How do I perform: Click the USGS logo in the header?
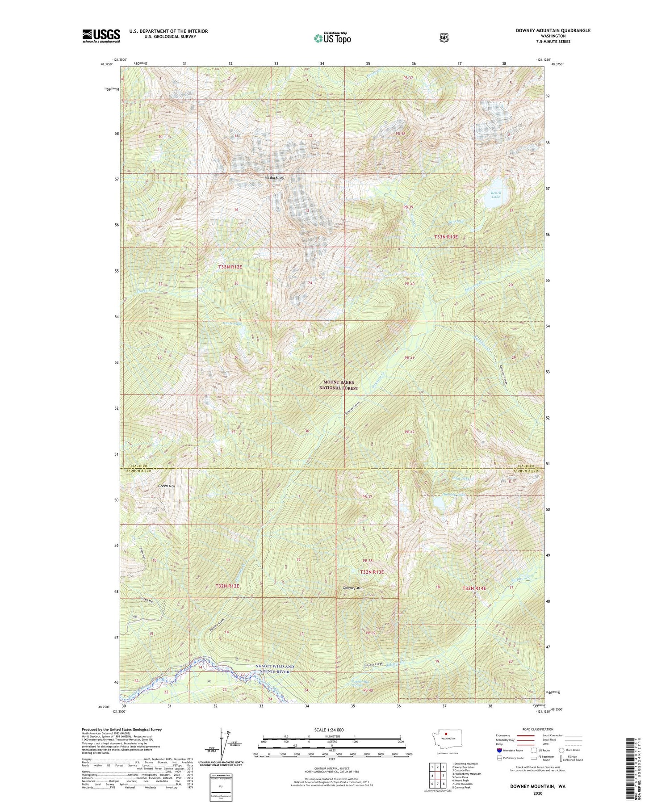[101, 36]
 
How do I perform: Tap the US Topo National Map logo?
[332, 38]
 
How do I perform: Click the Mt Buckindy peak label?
[275, 178]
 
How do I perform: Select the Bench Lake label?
[496, 195]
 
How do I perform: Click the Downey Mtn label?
[353, 588]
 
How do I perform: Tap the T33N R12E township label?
[230, 267]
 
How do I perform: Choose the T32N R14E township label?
[480, 588]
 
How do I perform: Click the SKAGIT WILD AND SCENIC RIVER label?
[275, 669]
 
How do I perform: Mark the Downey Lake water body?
[440, 504]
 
